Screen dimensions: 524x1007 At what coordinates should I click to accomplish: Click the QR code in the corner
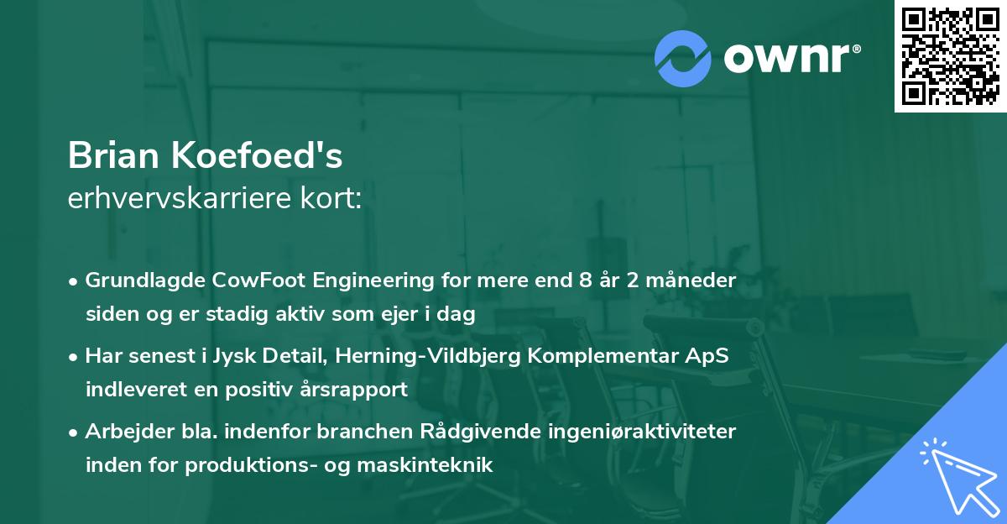[950, 56]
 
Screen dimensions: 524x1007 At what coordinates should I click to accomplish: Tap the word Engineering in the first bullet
[347, 280]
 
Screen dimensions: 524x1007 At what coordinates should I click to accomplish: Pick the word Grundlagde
[137, 280]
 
